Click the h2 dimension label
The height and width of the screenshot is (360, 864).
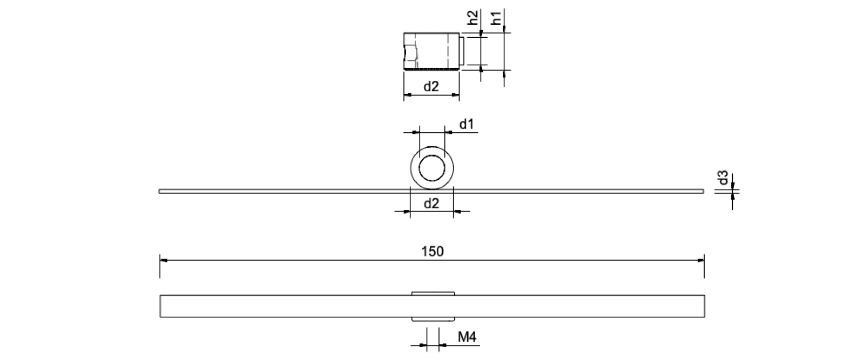click(x=473, y=18)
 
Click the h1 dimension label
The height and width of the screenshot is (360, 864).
click(x=497, y=18)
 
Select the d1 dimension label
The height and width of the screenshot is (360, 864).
click(x=467, y=125)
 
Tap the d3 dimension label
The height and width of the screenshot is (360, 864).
click(x=723, y=178)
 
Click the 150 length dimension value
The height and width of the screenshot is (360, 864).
click(x=432, y=252)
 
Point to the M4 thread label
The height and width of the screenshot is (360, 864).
click(x=467, y=338)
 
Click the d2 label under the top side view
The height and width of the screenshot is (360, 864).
click(x=431, y=86)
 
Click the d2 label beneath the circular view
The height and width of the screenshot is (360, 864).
click(x=431, y=203)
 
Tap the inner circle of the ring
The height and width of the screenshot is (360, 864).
click(x=432, y=168)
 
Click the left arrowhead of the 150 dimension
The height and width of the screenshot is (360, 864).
click(x=164, y=260)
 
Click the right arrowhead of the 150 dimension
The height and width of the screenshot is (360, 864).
click(x=700, y=260)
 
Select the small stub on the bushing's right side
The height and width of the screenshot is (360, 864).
click(x=462, y=51)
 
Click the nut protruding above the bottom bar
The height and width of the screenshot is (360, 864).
click(x=433, y=293)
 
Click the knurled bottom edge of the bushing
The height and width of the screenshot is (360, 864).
click(x=432, y=69)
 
